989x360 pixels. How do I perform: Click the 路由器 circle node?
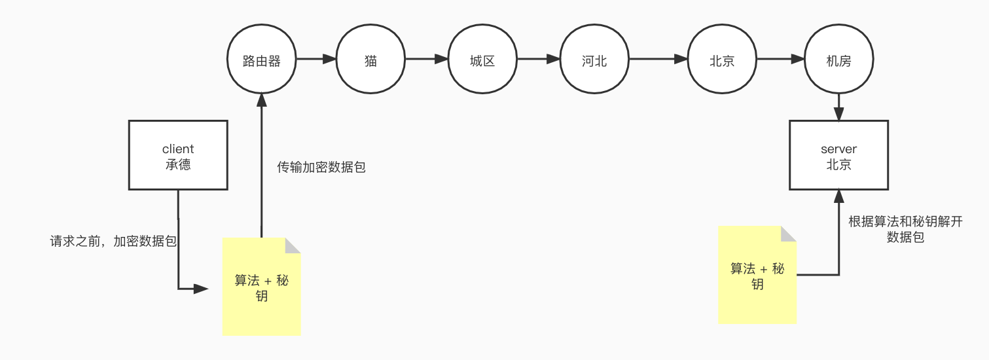pyautogui.click(x=261, y=60)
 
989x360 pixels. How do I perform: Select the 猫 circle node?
pyautogui.click(x=370, y=60)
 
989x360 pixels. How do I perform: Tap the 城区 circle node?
pyautogui.click(x=482, y=60)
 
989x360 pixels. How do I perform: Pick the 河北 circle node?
pyautogui.click(x=594, y=60)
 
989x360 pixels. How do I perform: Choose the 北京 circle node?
pyautogui.click(x=722, y=60)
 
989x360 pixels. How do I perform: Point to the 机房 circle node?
pyautogui.click(x=838, y=60)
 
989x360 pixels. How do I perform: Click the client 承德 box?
pyautogui.click(x=178, y=155)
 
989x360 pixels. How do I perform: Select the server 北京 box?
pyautogui.click(x=838, y=155)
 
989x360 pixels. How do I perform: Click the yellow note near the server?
pyautogui.click(x=757, y=275)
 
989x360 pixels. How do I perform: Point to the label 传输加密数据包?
pyautogui.click(x=321, y=168)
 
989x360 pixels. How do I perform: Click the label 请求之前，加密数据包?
pyautogui.click(x=114, y=241)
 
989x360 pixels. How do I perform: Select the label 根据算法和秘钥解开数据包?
pyautogui.click(x=905, y=229)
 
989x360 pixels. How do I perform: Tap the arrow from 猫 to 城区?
pyautogui.click(x=427, y=60)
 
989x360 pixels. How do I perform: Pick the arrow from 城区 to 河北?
pyautogui.click(x=538, y=60)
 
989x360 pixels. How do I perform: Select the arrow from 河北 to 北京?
pyautogui.click(x=658, y=60)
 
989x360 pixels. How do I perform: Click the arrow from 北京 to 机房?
pyautogui.click(x=780, y=60)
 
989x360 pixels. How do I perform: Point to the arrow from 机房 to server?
pyautogui.click(x=838, y=107)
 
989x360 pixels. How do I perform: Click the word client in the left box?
pyautogui.click(x=178, y=149)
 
